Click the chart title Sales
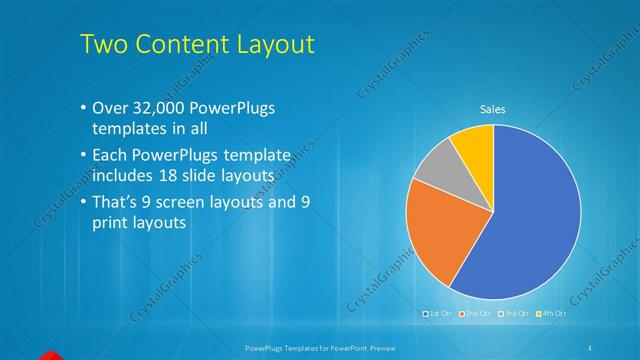pyautogui.click(x=493, y=109)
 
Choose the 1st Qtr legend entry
pyautogui.click(x=440, y=314)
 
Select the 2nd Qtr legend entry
pyautogui.click(x=476, y=314)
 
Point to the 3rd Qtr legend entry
pyautogui.click(x=512, y=314)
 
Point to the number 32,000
pyautogui.click(x=162, y=108)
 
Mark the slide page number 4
pyautogui.click(x=590, y=346)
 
